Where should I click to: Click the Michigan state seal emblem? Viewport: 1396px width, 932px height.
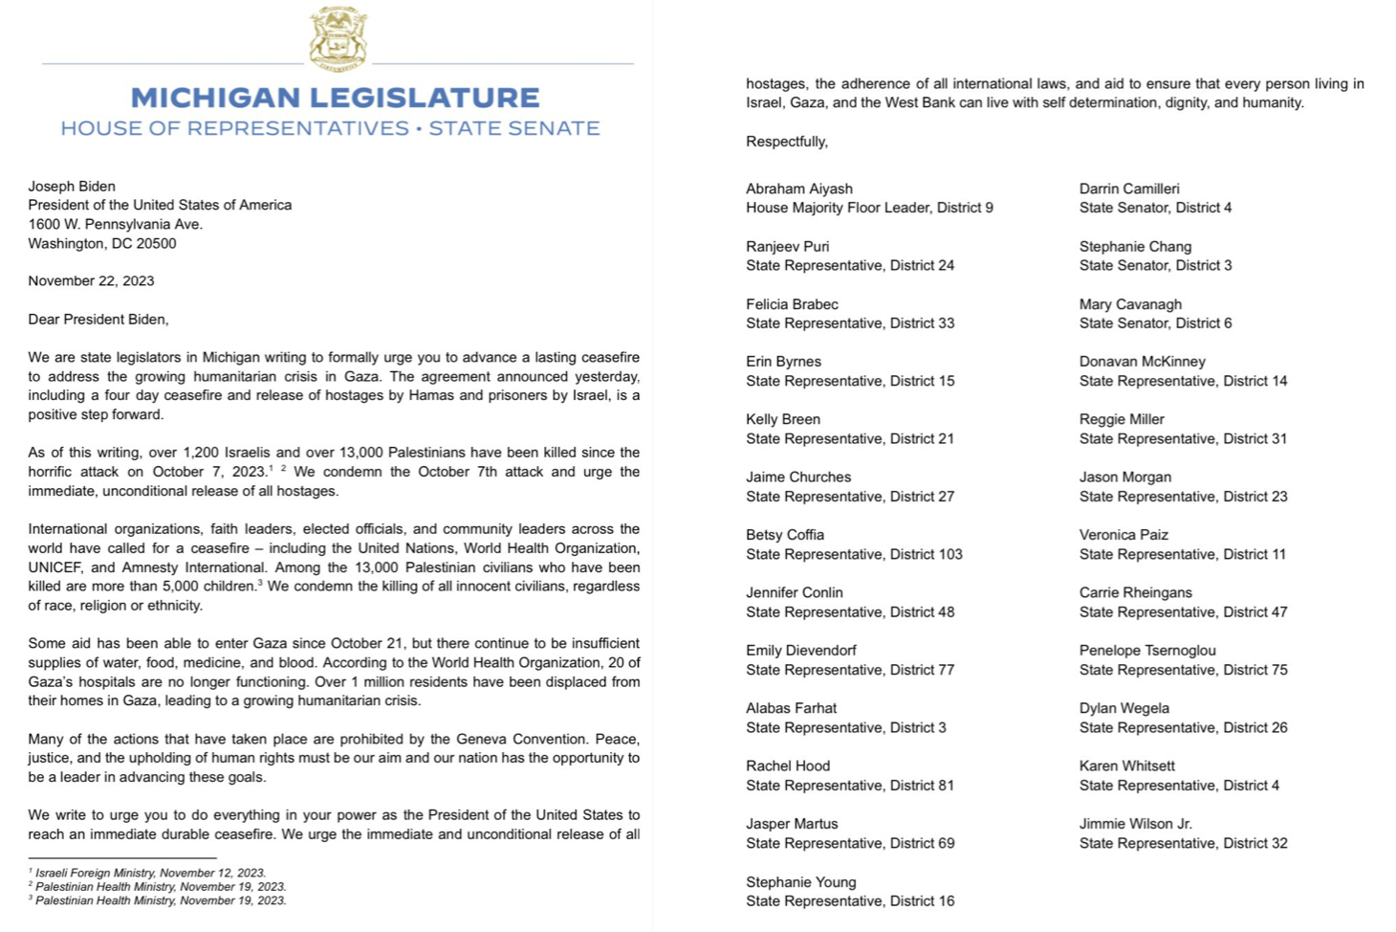tap(338, 39)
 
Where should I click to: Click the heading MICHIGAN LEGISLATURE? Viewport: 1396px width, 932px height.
tap(335, 98)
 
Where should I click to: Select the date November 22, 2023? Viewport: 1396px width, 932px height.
tap(91, 281)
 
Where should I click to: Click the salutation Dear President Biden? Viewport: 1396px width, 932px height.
tap(98, 320)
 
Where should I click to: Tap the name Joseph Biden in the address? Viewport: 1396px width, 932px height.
tap(72, 187)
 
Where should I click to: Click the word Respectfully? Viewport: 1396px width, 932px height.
tap(786, 142)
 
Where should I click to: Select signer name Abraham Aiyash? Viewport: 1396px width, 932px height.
tap(798, 189)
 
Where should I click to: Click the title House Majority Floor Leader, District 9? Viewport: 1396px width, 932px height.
tap(869, 208)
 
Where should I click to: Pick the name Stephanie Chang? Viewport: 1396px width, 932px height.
tap(1135, 247)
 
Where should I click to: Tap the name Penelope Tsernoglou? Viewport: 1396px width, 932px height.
tap(1147, 651)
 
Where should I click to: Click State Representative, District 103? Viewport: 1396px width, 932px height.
tap(854, 554)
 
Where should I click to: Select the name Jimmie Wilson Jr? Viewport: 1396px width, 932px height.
tap(1135, 824)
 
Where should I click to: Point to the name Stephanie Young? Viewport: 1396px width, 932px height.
tap(800, 882)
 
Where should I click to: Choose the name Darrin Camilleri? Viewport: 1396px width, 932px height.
tap(1129, 189)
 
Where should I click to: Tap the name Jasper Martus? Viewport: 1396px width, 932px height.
tap(792, 824)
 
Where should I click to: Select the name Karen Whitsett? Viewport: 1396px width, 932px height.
tap(1126, 766)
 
